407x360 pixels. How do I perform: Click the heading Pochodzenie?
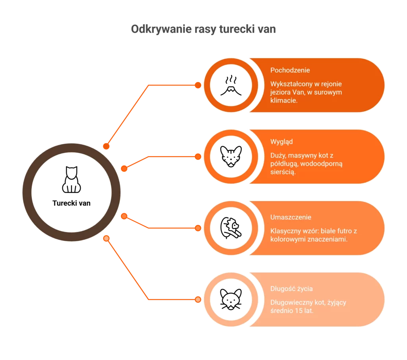[x=290, y=70]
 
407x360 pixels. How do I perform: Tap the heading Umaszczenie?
[x=291, y=217]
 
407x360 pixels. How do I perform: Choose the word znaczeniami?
[x=328, y=239]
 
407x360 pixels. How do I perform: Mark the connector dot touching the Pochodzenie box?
[x=198, y=85]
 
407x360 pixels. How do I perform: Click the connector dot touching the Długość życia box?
[x=198, y=299]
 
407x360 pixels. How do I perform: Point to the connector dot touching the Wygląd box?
[x=198, y=157]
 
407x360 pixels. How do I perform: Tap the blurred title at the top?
[x=203, y=30]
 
